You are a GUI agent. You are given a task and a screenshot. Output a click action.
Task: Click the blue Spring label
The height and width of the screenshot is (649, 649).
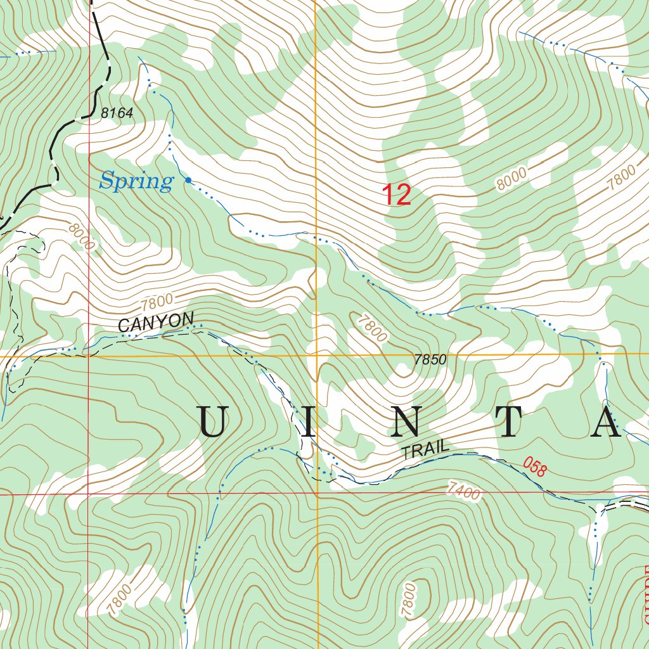136,182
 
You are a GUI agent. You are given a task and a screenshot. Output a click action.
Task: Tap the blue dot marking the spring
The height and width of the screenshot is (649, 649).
188,181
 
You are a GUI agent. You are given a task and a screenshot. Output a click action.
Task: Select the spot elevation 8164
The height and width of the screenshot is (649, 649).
117,113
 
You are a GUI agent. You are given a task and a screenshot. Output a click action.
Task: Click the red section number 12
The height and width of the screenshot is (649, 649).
396,195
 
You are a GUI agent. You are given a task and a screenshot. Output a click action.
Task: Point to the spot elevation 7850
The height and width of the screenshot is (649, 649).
430,359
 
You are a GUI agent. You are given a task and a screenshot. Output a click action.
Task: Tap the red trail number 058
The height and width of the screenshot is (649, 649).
534,467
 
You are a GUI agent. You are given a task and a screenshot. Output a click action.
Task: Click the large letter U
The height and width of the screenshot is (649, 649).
213,423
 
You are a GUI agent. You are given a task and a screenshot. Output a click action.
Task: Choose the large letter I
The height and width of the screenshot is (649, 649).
308,423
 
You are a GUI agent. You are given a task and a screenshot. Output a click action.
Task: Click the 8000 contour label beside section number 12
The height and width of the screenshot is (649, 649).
513,181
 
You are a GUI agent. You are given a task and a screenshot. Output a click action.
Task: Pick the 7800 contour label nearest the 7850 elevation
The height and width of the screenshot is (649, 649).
371,328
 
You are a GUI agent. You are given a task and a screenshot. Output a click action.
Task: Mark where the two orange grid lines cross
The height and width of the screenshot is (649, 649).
316,356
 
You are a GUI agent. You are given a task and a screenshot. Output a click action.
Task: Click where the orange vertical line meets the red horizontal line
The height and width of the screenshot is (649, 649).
316,492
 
